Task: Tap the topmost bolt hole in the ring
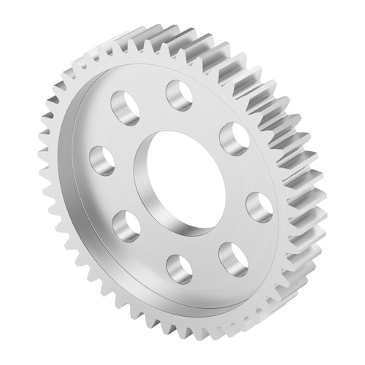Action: tap(178, 94)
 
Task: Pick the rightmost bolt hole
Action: tap(259, 206)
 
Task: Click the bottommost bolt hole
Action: tap(178, 268)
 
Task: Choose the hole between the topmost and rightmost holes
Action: tap(233, 137)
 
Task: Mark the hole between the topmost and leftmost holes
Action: tap(126, 107)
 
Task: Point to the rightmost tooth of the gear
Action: tap(315, 197)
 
